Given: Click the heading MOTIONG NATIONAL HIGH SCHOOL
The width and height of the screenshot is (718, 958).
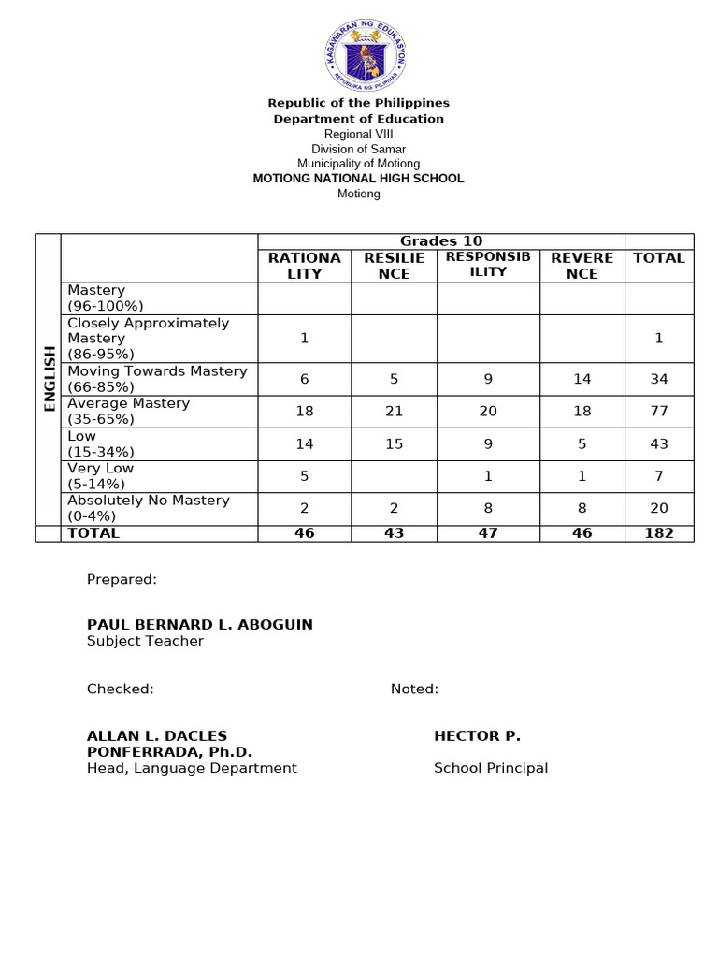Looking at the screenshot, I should click(358, 179).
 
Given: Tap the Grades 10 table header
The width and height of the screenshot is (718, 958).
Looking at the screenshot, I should click(441, 241).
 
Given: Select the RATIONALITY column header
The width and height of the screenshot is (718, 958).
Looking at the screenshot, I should click(305, 266).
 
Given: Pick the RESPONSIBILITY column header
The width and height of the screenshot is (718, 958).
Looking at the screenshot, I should click(488, 264).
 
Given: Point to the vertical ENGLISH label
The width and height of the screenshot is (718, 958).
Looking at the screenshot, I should click(49, 379).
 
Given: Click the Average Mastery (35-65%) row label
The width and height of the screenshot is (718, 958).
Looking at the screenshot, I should click(128, 412).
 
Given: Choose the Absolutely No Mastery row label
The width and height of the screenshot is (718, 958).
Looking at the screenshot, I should click(148, 508).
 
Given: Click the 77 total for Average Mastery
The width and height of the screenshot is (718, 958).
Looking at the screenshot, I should click(659, 412).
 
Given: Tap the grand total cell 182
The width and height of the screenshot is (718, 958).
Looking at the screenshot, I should click(659, 533).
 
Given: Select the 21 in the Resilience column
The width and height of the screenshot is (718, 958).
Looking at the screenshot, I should click(395, 412).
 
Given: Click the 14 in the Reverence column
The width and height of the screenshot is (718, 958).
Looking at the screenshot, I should click(582, 379).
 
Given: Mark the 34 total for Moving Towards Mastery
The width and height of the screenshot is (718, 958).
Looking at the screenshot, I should click(659, 379).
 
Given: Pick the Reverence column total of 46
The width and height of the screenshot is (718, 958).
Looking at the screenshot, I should click(582, 533).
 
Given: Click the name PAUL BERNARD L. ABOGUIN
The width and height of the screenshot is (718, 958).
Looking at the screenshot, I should click(200, 625).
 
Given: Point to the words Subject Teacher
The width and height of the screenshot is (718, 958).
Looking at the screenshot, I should click(145, 642).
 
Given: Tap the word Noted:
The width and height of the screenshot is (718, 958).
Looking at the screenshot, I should click(414, 689).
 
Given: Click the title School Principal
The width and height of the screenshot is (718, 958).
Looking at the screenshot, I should click(491, 769).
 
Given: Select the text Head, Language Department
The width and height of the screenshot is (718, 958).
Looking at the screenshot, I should click(192, 769).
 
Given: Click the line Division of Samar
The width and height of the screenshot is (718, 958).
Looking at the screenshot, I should click(358, 150).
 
